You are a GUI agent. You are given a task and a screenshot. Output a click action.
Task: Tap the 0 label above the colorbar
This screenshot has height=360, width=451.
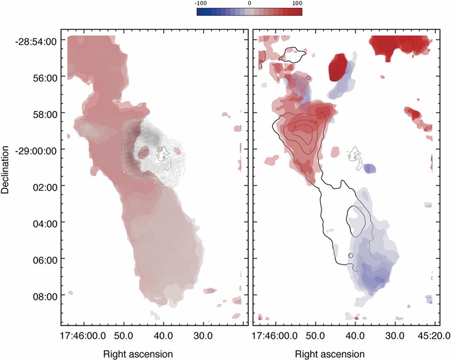[x=250, y=4]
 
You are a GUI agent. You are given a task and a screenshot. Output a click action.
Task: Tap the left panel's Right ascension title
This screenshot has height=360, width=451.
[x=137, y=354]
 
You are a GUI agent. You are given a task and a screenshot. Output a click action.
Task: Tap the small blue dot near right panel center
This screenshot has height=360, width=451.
[x=370, y=169]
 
